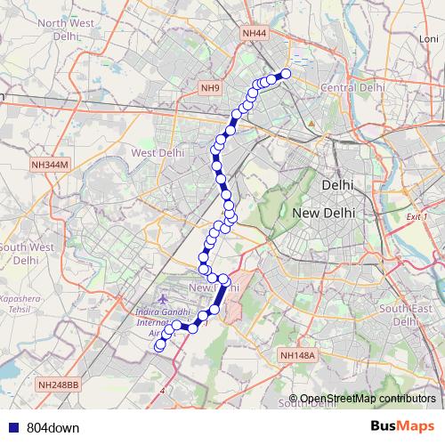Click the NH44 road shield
(x=254, y=33)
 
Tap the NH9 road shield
(x=210, y=87)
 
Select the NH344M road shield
(x=49, y=165)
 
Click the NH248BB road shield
(x=59, y=384)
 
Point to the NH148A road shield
(x=297, y=355)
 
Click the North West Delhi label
(x=41, y=29)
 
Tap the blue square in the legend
(x=13, y=427)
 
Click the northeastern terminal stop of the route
(x=287, y=74)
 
